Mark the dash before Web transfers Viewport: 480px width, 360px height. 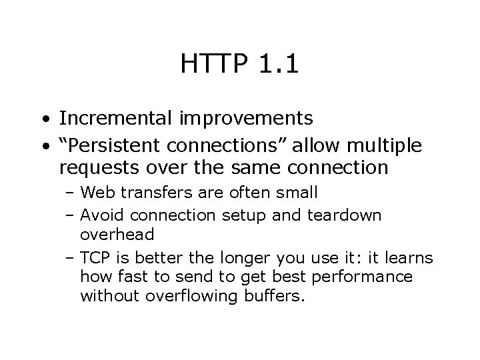click(x=71, y=194)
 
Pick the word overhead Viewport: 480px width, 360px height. click(x=117, y=235)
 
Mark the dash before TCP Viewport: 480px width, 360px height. click(x=71, y=258)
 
